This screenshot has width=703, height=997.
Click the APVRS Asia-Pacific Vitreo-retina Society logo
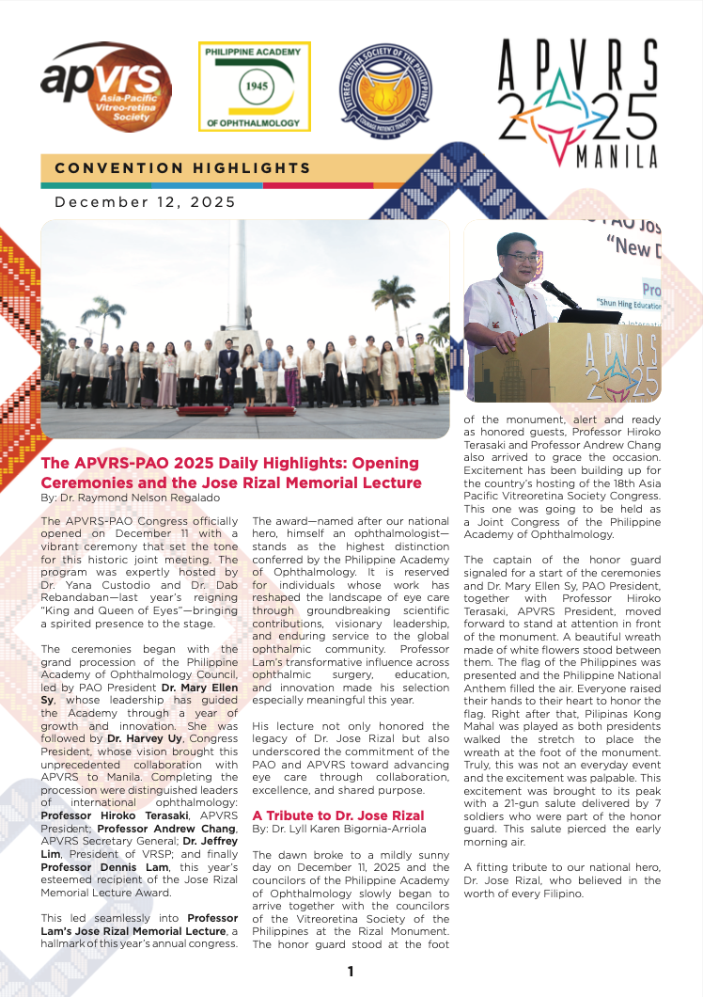[105, 87]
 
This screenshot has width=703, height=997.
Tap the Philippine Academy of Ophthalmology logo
[254, 86]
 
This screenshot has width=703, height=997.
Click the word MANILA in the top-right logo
[617, 157]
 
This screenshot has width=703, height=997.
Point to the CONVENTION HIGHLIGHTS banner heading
[182, 168]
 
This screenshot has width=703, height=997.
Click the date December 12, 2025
[145, 201]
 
